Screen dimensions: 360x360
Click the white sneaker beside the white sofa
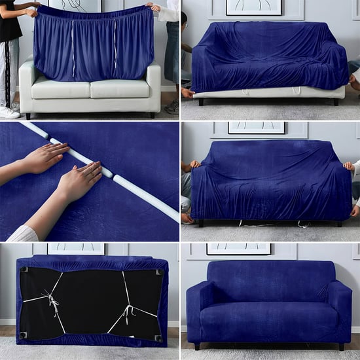tap(9, 112)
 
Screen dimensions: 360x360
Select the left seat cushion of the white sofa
tap(60, 88)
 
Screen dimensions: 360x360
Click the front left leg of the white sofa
tap(27, 116)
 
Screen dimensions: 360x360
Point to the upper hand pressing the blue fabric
tap(46, 157)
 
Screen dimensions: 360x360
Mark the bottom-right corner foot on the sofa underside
tap(158, 338)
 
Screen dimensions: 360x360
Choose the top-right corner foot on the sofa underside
tap(158, 272)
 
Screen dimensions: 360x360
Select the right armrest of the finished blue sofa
tap(340, 312)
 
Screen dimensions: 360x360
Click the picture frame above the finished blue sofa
tap(239, 249)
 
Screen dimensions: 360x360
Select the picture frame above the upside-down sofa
tap(76, 248)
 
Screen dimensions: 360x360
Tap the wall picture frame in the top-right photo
tap(253, 7)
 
